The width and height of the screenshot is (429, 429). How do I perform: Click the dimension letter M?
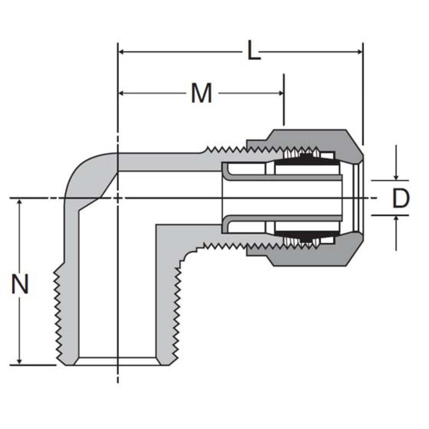pos(201,93)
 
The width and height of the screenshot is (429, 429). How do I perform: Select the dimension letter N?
pos(20,284)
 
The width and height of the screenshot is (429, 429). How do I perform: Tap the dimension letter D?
pos(401,198)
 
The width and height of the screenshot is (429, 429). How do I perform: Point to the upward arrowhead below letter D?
pos(396,219)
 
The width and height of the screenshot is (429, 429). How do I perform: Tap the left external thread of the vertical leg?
pos(58,315)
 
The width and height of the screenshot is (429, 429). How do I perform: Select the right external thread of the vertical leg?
pos(176,315)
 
